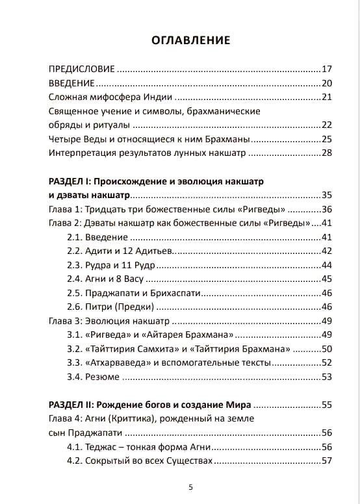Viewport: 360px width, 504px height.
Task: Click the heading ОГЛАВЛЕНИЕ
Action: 190,40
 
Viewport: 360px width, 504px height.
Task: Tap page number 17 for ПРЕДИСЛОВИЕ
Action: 327,68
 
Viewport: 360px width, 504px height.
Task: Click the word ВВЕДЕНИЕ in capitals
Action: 72,82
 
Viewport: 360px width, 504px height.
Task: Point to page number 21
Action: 327,97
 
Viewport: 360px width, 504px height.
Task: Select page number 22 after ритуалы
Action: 327,125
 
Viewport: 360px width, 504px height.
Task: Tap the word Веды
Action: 94,139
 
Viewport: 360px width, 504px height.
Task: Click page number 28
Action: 327,153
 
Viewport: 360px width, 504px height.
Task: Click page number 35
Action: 327,195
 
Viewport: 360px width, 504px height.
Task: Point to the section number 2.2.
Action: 75,251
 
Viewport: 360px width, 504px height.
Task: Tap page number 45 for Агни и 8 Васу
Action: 327,279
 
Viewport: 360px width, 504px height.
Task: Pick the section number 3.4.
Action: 75,377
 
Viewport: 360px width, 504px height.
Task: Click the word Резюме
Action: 103,377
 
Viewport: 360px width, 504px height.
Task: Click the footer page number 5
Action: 190,487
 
